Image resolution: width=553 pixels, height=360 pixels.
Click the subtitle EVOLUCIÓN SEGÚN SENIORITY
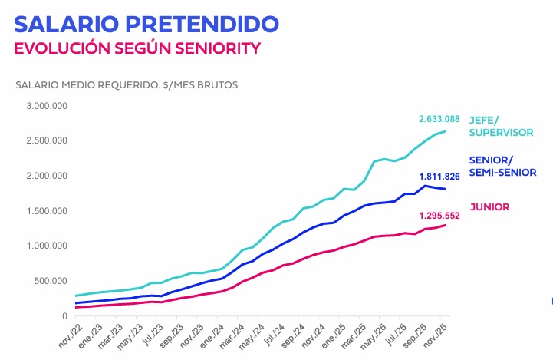point(137,48)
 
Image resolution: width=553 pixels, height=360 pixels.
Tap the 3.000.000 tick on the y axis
point(46,105)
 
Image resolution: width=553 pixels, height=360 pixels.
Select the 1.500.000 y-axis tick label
point(46,211)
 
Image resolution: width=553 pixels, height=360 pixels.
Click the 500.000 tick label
point(51,281)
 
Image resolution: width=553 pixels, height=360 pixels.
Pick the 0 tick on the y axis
point(64,315)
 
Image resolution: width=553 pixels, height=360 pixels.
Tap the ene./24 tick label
point(215,335)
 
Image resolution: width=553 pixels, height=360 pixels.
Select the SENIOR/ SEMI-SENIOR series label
point(502,167)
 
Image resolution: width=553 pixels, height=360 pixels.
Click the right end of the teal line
point(446,131)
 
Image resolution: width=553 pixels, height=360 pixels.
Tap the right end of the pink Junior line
point(446,225)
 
